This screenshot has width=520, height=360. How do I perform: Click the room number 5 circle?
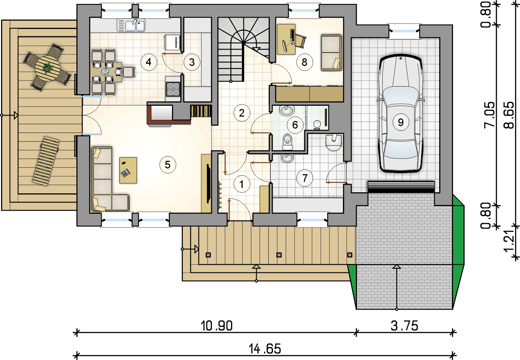point(168,165)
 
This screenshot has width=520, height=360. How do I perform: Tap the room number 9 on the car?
point(401,122)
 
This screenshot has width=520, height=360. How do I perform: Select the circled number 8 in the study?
point(304,62)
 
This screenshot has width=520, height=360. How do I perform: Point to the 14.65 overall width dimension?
point(265,349)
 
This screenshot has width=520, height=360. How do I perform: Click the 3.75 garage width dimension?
point(404,326)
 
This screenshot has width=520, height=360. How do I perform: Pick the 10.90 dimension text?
point(216,326)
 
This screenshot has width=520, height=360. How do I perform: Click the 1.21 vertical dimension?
point(509,242)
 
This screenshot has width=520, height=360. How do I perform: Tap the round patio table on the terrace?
point(47,68)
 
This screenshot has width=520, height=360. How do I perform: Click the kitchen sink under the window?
point(131,25)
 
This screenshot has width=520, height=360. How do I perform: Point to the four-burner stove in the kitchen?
point(173,89)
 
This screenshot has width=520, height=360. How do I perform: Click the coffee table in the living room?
point(128,170)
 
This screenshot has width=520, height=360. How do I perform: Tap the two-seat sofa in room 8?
point(331,53)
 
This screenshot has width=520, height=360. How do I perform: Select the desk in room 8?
point(286,39)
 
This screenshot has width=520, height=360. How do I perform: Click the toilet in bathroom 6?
point(288,142)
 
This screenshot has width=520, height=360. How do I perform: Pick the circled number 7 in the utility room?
point(305,178)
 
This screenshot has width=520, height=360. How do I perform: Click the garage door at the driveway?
point(401,187)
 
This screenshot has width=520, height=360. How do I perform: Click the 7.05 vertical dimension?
point(489,115)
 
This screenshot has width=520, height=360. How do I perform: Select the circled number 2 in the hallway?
point(242,113)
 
